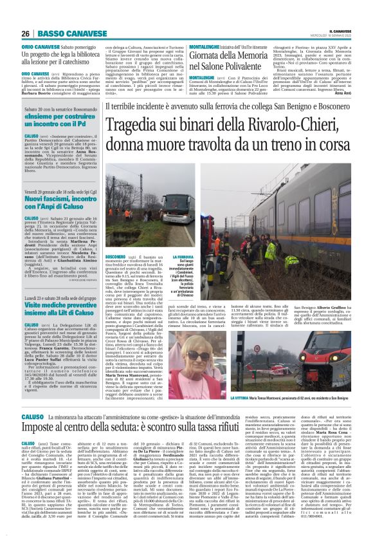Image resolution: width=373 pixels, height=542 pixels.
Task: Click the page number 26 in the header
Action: pyautogui.click(x=25, y=33)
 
